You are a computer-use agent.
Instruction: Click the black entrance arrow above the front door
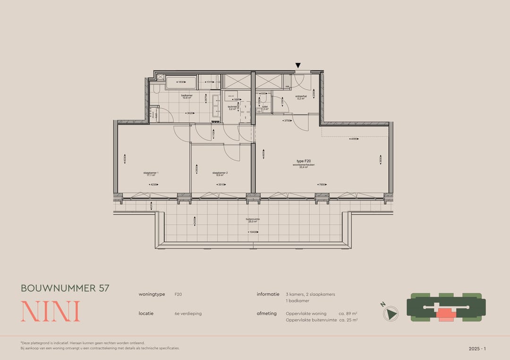point(298,65)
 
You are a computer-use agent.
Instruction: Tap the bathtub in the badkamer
point(181,83)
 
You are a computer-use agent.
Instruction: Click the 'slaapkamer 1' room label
point(151,174)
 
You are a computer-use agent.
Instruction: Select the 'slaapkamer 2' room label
point(220,174)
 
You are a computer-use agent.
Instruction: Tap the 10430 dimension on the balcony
point(254,232)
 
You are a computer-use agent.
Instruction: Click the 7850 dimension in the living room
point(323,184)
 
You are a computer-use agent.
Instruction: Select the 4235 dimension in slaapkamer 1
point(153,184)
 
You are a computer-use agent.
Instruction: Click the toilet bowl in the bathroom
point(156,89)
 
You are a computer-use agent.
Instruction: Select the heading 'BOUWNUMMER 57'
point(65,288)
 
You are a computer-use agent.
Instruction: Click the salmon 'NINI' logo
point(50,311)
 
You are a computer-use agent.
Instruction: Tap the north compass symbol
point(391,314)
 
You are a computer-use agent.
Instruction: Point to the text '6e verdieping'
point(188,313)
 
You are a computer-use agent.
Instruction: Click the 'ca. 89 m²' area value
point(348,313)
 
